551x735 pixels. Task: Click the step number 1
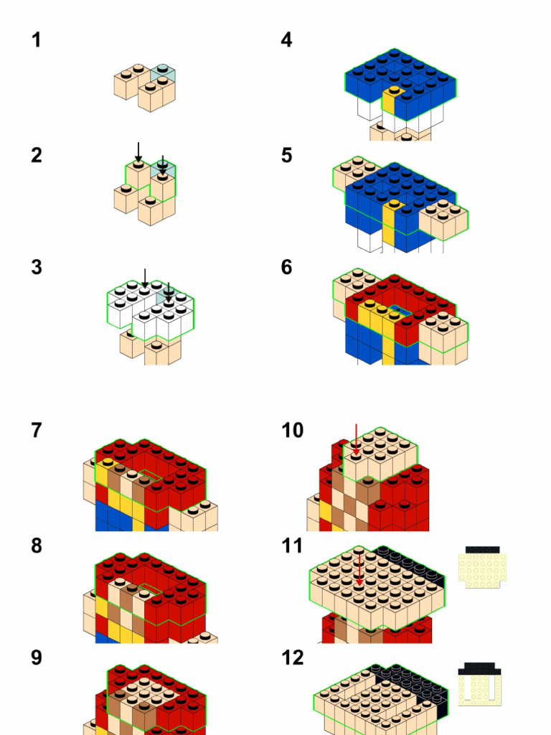pos(36,40)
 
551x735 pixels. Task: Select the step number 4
pos(286,40)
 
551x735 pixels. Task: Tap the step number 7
pos(36,431)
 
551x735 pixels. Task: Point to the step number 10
pos(292,431)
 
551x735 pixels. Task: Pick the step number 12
pos(292,657)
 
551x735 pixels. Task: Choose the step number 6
pos(286,268)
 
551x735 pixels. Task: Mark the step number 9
pos(36,657)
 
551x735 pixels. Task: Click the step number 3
pos(36,268)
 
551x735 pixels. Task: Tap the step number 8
pos(36,546)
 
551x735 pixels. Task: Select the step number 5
pos(286,155)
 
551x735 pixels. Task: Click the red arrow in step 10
pos(356,439)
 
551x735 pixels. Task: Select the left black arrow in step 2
pos(138,151)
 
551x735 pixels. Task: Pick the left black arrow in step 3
pos(145,278)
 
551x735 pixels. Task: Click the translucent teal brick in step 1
pos(163,73)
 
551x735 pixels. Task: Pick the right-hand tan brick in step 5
pos(442,219)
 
